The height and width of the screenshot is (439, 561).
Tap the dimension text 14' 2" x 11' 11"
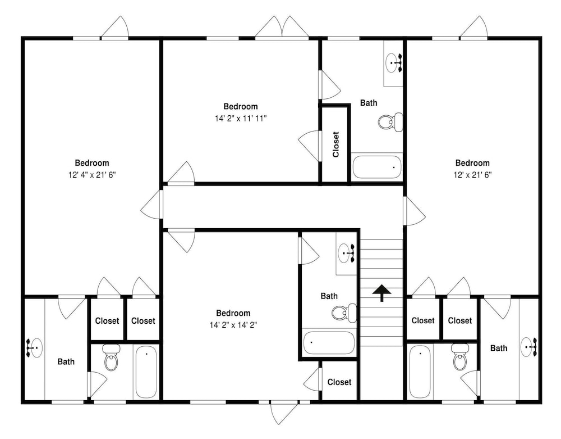click(x=241, y=118)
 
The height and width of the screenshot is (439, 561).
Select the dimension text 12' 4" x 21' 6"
click(x=92, y=175)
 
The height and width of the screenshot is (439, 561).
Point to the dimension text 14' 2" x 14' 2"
click(x=233, y=325)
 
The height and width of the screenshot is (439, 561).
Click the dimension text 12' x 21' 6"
click(x=472, y=175)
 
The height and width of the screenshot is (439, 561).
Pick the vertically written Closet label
click(x=335, y=144)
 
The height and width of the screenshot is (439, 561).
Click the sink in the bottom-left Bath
click(x=34, y=347)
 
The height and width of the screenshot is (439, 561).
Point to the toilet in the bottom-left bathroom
click(x=111, y=357)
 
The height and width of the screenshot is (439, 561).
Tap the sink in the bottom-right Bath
click(x=529, y=347)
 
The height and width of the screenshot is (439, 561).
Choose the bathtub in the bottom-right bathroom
click(x=420, y=372)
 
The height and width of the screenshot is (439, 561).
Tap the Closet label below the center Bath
click(x=339, y=382)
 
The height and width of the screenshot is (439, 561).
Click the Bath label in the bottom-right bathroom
click(x=499, y=348)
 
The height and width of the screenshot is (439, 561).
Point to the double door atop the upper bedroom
click(x=282, y=26)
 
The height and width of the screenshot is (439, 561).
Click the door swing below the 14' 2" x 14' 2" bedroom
click(x=284, y=413)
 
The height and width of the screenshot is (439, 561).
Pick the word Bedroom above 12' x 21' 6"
click(x=472, y=163)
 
